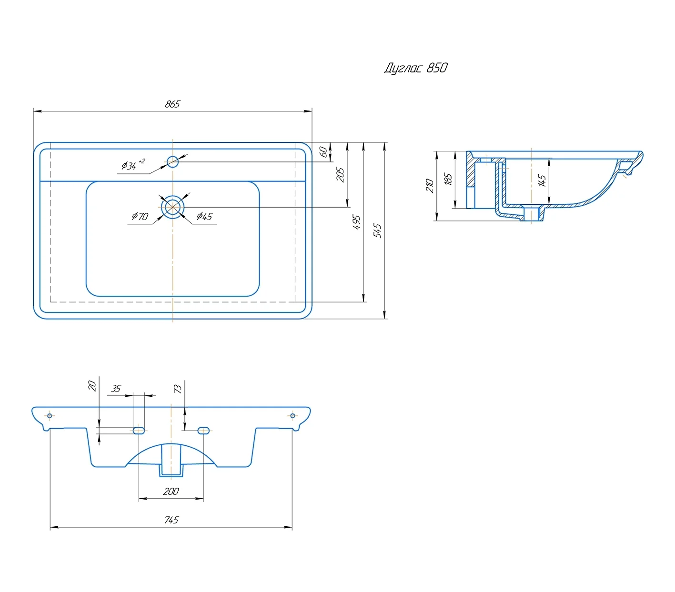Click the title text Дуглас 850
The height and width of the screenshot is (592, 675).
[415, 68]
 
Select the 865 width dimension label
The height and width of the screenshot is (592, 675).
[172, 104]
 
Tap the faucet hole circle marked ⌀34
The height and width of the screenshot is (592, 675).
[172, 162]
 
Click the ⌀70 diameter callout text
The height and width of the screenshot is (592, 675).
[140, 217]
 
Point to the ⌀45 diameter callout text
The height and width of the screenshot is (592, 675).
[204, 217]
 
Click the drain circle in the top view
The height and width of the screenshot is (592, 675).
[172, 207]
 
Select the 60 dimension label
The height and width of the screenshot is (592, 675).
[323, 152]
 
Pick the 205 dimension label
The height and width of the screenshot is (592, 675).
[340, 174]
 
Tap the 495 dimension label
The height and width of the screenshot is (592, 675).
[356, 222]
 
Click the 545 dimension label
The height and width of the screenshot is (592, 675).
[377, 231]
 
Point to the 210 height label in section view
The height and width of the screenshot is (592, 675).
[430, 186]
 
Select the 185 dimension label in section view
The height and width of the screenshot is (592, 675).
[448, 180]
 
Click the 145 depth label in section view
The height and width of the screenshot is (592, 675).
[542, 181]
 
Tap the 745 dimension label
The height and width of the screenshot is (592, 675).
[171, 520]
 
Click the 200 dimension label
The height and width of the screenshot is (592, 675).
[171, 492]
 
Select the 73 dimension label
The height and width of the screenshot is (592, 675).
[178, 389]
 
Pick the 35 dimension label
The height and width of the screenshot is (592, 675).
[116, 389]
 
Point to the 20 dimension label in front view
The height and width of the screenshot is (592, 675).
[92, 386]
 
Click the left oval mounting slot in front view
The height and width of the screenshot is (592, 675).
[139, 431]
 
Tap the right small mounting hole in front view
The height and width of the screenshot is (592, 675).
[292, 416]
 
